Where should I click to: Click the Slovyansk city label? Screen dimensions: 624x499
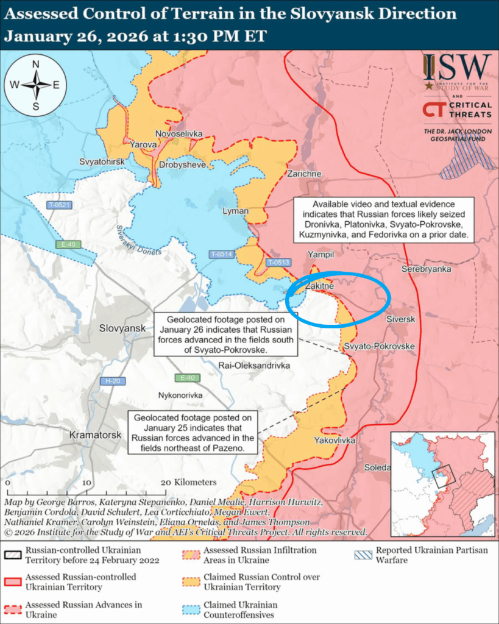pos(122,328)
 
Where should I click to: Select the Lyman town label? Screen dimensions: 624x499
pos(236,211)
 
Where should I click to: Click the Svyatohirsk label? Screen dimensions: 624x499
pos(102,161)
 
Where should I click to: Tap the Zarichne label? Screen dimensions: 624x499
pos(305,174)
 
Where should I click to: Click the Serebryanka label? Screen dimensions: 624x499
pos(426,269)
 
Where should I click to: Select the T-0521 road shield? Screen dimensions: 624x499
pos(60,205)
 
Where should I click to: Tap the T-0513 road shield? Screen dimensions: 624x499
pos(278,263)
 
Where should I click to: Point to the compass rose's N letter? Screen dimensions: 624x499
pos(36,65)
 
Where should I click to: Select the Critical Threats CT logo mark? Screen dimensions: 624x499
pos(433,110)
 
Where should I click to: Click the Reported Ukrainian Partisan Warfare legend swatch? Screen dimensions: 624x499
pos(364,555)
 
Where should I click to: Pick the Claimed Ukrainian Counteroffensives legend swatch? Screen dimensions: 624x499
pos(193,610)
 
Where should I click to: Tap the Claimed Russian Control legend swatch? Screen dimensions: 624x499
pos(193,582)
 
